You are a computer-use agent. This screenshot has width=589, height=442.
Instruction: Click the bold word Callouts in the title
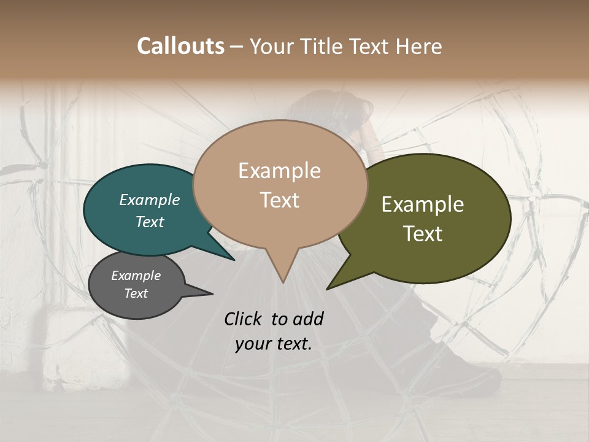point(180,46)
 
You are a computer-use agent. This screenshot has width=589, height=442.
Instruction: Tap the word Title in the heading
point(323,46)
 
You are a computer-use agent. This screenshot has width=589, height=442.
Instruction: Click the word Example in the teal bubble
point(150,200)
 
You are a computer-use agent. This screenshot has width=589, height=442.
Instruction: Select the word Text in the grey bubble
point(136,293)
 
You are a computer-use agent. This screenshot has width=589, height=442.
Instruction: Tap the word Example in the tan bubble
point(280,171)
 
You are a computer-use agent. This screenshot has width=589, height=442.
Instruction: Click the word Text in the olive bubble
point(423,233)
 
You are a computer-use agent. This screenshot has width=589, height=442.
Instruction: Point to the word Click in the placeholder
point(244,319)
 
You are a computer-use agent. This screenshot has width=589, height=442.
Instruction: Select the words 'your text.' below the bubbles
point(274,344)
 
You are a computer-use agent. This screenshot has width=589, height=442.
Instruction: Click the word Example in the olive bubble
point(423,204)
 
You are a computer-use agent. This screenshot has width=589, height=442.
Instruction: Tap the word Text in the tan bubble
point(280,200)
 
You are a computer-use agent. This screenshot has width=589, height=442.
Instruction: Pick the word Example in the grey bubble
point(136,276)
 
